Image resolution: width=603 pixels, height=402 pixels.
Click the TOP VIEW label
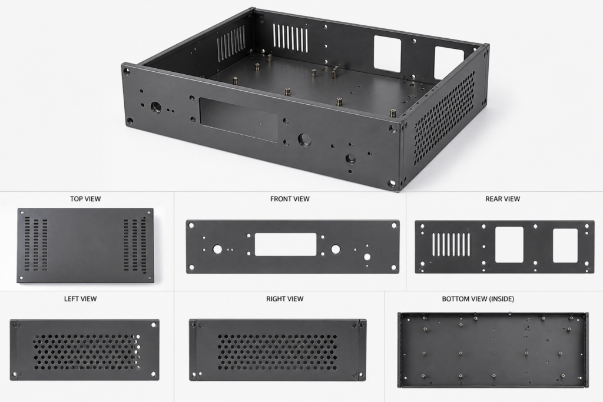85,199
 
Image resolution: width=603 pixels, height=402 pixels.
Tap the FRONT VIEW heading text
290,199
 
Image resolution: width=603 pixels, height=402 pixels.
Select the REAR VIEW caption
502,199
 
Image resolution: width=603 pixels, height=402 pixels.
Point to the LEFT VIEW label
80,298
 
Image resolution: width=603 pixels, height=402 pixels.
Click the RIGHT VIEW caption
284,298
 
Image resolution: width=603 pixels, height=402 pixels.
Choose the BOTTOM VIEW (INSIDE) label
478,298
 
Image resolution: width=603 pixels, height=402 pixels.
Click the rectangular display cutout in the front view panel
286,245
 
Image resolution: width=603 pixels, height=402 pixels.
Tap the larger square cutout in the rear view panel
509,245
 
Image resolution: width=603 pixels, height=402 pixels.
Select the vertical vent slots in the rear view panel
452,245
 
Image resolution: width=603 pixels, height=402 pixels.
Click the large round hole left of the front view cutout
217,250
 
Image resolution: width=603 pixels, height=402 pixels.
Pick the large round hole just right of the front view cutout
335,250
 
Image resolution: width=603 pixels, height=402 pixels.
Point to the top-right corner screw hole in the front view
393,225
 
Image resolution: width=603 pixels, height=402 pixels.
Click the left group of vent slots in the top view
36,245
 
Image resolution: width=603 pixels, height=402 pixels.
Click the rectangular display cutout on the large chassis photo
238,119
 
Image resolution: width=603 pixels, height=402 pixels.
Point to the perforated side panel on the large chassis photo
445,118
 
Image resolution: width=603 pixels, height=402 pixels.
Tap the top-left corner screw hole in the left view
15,325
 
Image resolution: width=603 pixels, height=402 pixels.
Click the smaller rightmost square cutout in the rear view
565,245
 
